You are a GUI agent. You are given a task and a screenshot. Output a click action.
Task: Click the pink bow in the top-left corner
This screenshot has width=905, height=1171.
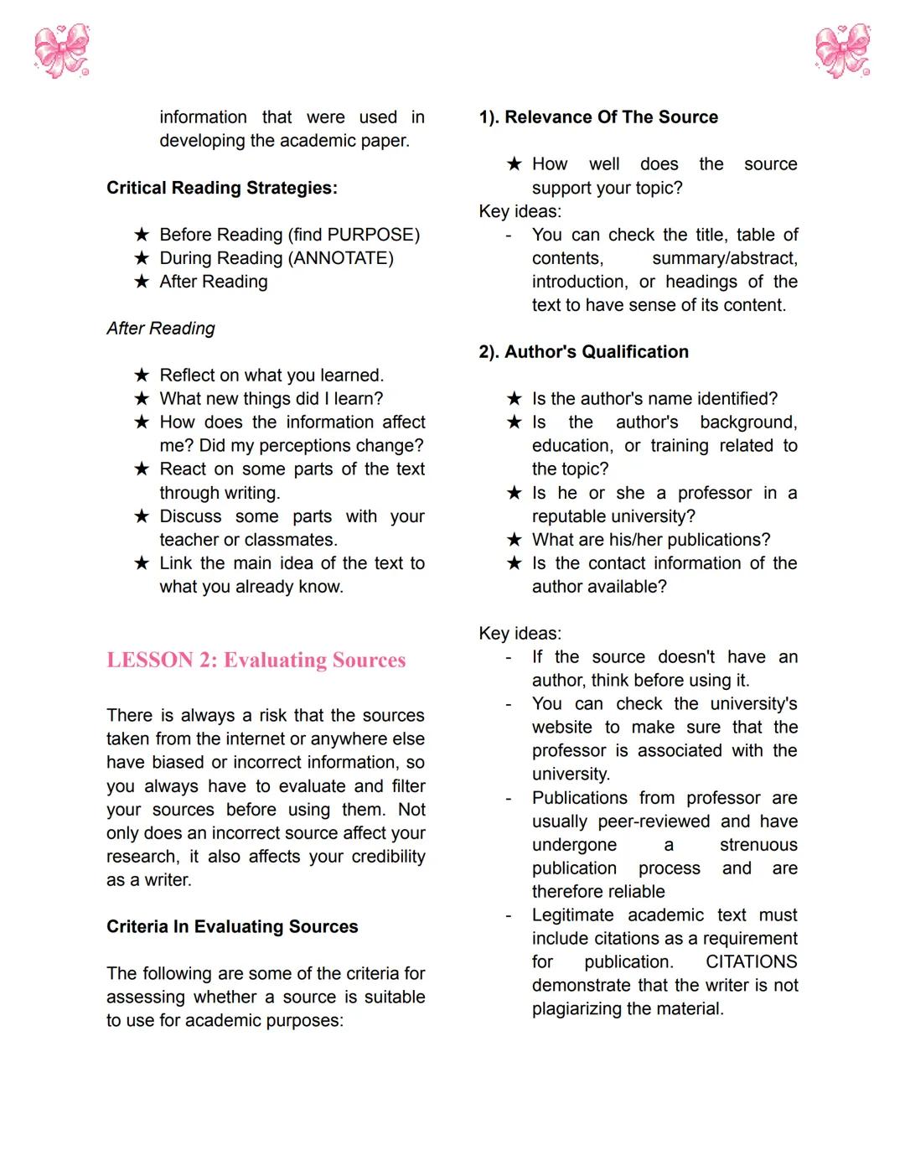[x=61, y=51]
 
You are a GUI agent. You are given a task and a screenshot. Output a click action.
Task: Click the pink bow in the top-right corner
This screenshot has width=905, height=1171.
[x=843, y=51]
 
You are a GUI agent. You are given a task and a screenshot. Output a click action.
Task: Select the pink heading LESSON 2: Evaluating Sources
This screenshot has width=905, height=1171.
[x=256, y=661]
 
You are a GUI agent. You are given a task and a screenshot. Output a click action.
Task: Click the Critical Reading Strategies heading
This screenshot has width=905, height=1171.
[x=221, y=188]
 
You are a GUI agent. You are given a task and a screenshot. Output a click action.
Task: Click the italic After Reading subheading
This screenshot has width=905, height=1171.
[x=161, y=329]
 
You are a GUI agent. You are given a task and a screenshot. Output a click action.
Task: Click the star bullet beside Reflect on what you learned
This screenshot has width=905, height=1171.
[x=142, y=376]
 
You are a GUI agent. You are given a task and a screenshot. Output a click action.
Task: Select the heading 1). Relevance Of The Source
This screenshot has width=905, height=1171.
[x=598, y=117]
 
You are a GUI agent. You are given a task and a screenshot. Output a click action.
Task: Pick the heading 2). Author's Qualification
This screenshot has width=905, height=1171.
[x=583, y=352]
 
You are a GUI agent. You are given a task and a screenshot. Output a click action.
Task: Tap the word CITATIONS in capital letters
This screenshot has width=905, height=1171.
[x=751, y=962]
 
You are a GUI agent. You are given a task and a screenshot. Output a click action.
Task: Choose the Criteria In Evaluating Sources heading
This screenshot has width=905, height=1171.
[x=232, y=927]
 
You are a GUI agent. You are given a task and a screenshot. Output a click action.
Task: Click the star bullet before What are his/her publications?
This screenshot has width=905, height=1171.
[x=515, y=540]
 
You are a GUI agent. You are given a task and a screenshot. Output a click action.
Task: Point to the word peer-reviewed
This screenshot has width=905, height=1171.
[x=654, y=821]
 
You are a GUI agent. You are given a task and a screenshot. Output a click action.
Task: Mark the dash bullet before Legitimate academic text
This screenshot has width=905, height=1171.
[x=509, y=915]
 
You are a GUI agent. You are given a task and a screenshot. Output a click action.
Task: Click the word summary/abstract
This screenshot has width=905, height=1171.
[x=724, y=258]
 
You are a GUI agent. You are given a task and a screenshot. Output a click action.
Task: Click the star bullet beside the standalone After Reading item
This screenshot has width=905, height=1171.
[x=142, y=282]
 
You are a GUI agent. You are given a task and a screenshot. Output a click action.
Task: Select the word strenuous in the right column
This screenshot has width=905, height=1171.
[x=758, y=845]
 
